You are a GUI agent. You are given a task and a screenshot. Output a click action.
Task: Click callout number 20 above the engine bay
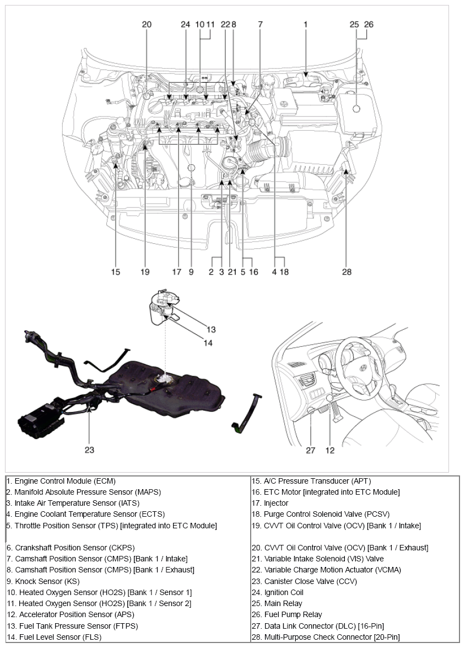(147, 24)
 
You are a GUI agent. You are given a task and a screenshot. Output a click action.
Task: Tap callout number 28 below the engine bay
(347, 271)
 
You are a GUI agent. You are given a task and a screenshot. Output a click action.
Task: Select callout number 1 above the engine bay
(305, 24)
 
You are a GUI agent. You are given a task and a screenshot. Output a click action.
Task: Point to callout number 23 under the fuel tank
(89, 449)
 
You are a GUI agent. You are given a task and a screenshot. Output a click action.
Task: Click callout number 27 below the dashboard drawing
(311, 450)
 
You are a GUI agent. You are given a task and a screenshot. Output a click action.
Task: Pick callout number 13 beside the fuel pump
(211, 330)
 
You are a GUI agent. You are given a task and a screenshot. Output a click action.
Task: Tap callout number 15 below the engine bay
(115, 271)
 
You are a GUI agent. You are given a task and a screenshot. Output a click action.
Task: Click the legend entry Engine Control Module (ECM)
(62, 481)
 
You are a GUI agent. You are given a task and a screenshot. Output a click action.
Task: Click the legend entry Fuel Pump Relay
(287, 614)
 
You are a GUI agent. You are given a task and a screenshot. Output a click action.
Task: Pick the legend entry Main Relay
(277, 603)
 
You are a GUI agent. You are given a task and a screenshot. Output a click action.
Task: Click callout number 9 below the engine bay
(191, 271)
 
